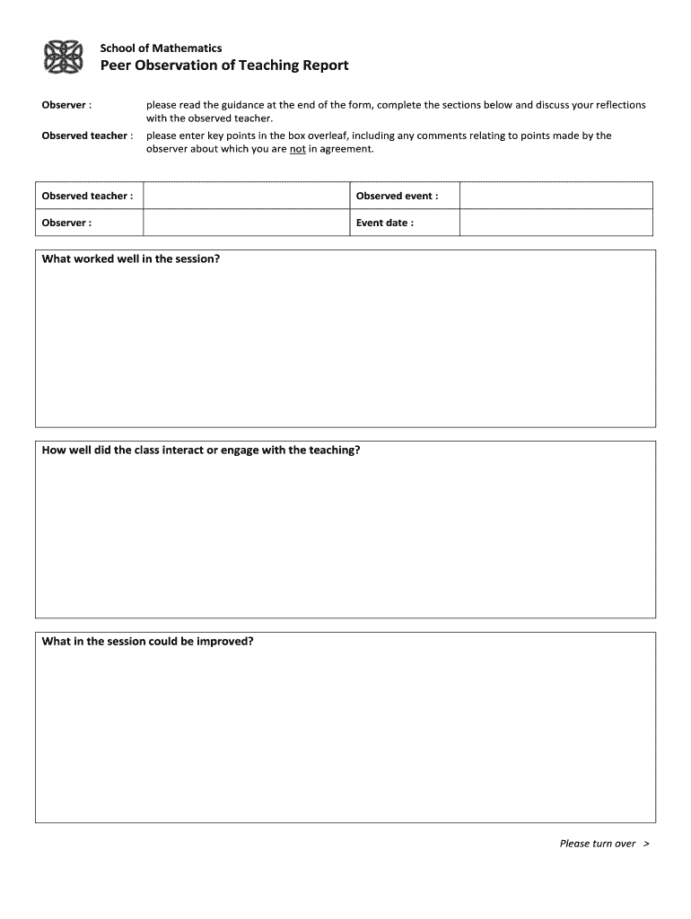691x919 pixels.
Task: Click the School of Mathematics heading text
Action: point(161,48)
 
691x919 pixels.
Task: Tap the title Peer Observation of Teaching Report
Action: point(223,66)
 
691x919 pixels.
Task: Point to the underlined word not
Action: point(298,149)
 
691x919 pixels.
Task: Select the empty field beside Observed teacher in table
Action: point(245,196)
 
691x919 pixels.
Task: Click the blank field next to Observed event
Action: point(556,196)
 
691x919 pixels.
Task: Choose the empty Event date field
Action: point(556,223)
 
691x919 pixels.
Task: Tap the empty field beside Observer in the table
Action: point(245,223)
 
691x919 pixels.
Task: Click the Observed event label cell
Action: point(398,196)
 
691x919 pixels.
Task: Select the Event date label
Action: point(385,223)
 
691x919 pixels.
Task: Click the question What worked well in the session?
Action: point(131,258)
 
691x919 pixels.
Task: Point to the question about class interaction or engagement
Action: point(201,450)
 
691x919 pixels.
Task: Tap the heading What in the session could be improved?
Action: point(148,642)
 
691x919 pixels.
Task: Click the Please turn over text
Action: point(597,843)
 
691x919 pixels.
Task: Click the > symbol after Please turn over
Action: point(646,843)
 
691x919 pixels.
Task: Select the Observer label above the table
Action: point(66,105)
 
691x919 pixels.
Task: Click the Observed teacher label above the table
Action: point(87,136)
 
